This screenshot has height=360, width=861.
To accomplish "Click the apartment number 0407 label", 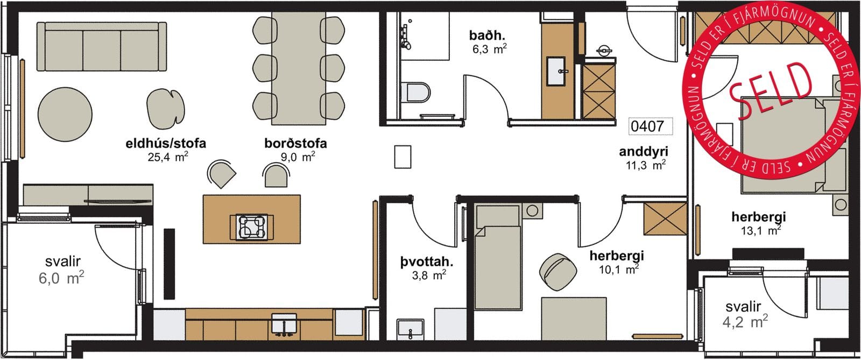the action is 647,126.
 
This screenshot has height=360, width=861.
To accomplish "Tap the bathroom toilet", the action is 415,93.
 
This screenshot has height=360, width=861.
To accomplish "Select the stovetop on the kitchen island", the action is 252,227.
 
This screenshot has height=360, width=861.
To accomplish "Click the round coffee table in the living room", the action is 65,114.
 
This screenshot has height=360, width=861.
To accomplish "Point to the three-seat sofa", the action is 102,46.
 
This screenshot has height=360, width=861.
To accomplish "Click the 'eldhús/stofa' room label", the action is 166,143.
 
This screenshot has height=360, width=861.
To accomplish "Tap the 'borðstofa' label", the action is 295,143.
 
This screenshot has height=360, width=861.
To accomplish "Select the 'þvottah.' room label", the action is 427,263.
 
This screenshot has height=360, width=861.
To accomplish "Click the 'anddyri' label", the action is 644,151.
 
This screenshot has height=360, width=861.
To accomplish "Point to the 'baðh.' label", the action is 487,36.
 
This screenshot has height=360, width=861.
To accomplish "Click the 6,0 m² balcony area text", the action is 61,277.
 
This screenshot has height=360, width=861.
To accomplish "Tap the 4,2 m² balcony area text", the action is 745,321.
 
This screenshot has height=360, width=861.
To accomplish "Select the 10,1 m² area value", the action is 619,269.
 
